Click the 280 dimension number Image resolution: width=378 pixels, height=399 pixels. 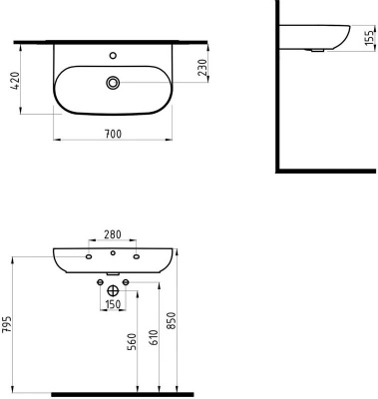(x=113, y=235)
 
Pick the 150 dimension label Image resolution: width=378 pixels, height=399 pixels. (x=113, y=303)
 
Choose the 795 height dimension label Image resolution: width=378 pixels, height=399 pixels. (x=7, y=328)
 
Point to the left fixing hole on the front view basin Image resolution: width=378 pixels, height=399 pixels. (x=89, y=258)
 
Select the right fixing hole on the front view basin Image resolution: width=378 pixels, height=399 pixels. (x=136, y=258)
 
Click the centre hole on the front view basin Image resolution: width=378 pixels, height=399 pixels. (x=113, y=259)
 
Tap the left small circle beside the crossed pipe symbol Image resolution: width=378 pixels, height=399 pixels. (x=99, y=283)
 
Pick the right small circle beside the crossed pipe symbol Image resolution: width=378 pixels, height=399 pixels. (x=127, y=283)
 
